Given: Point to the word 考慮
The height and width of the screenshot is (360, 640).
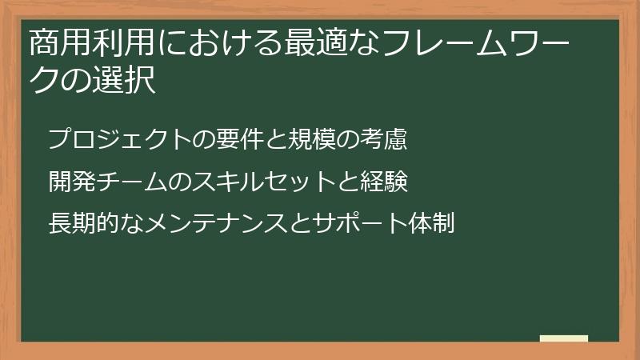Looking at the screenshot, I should click(x=385, y=139).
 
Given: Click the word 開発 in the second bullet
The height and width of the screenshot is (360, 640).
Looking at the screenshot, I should click(x=70, y=181).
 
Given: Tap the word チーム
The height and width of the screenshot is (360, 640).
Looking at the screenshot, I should click(x=130, y=181).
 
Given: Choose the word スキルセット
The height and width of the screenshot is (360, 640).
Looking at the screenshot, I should click(x=255, y=181).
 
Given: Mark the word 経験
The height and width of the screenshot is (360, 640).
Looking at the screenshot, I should click(x=385, y=181).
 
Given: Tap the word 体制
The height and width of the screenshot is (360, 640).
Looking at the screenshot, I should click(x=432, y=222).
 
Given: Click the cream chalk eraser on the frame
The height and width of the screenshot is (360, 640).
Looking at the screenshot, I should click(x=564, y=338).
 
